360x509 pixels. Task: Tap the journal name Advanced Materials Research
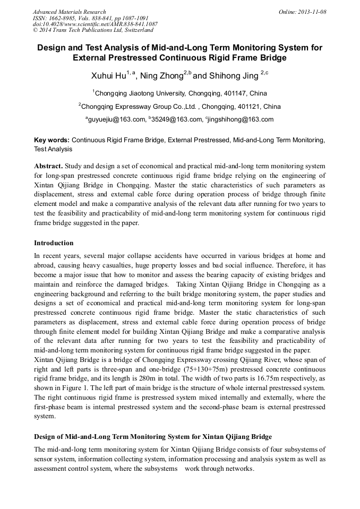(69, 12)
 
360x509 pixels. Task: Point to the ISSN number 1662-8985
(63, 18)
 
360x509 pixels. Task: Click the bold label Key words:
(52, 140)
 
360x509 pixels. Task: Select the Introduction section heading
(54, 243)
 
